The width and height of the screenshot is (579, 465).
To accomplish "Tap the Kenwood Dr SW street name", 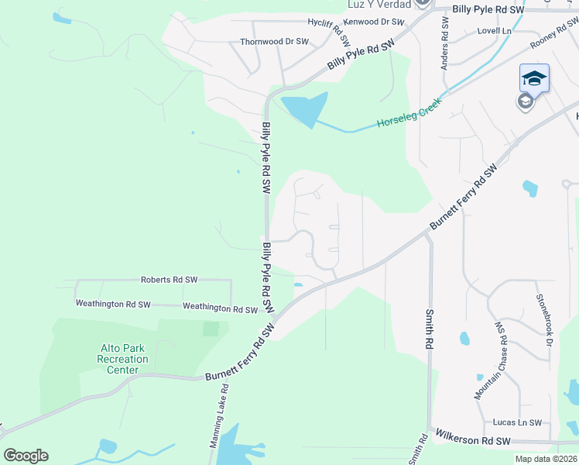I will (x=374, y=22).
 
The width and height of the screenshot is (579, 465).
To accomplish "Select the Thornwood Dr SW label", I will (x=274, y=42).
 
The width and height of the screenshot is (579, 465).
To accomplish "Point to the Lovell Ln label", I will (x=495, y=31).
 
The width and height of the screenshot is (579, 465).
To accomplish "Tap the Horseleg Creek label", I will (x=409, y=113).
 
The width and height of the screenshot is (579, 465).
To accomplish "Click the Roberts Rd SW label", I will (x=169, y=279).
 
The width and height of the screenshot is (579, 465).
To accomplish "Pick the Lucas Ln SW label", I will (x=517, y=422).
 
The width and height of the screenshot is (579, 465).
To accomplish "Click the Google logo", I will (x=26, y=456).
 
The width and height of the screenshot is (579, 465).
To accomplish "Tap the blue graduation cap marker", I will (x=534, y=78).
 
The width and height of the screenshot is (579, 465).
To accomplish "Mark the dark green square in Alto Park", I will (x=211, y=329).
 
